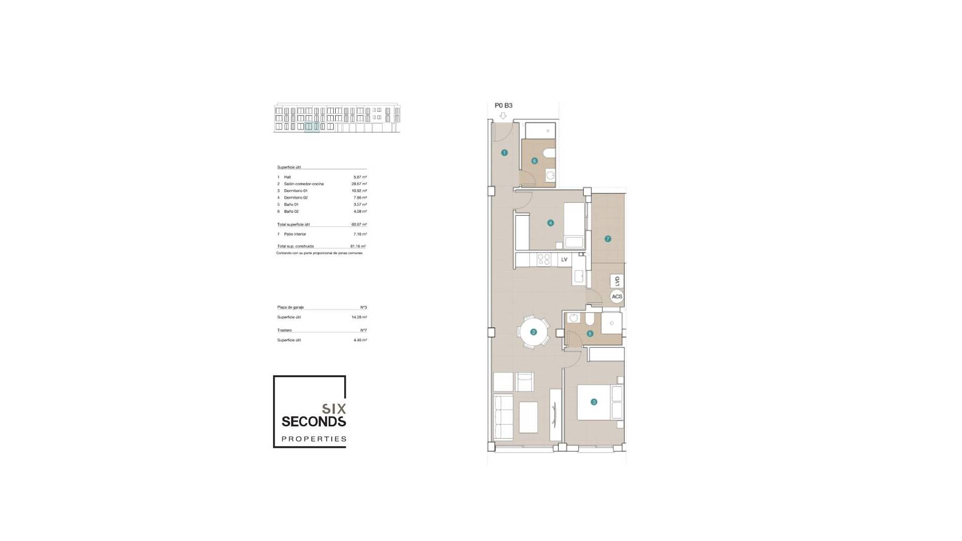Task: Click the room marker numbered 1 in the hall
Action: (x=504, y=153)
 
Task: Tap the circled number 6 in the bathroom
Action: (x=534, y=161)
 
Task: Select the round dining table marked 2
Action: (x=533, y=332)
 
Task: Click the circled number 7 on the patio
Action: (x=608, y=239)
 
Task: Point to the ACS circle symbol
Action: (x=617, y=297)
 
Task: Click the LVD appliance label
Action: (x=617, y=281)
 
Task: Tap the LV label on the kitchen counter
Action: (x=564, y=259)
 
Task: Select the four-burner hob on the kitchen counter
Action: (x=544, y=259)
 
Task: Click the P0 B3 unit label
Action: (x=504, y=106)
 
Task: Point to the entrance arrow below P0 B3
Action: (x=503, y=116)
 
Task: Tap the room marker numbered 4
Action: (x=550, y=223)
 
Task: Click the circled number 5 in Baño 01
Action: (x=590, y=334)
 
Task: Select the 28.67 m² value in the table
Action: (x=359, y=184)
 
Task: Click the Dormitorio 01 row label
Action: (x=296, y=191)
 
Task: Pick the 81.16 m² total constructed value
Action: (x=358, y=246)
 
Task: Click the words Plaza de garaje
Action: (x=291, y=307)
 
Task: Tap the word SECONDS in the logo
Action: (x=314, y=422)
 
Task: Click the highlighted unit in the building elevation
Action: (x=312, y=127)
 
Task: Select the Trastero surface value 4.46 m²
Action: (x=360, y=340)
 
